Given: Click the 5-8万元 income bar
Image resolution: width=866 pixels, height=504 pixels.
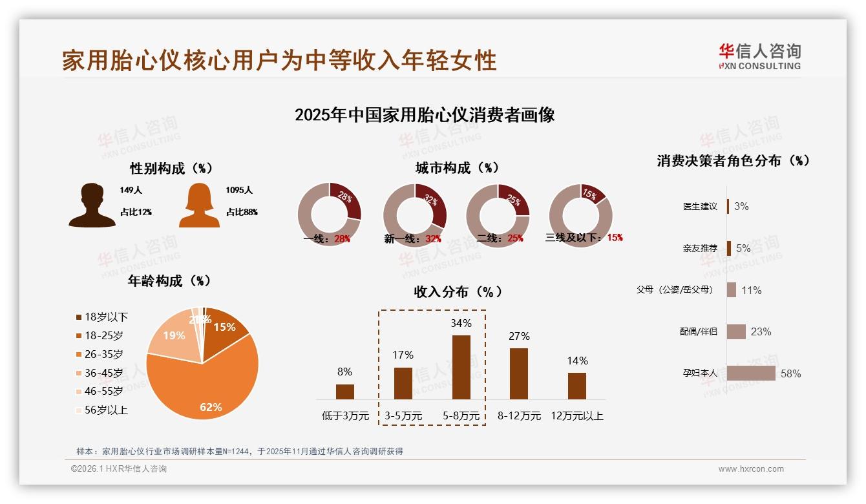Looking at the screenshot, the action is pos(461,367).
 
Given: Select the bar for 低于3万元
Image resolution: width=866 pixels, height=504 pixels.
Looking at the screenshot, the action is pos(345,392).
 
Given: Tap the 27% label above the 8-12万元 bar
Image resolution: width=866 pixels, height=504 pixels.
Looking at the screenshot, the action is pos(519,336).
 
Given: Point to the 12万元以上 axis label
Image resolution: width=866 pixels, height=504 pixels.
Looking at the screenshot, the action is pos(576,416).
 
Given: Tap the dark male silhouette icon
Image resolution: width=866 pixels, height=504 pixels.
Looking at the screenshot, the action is pos(92,205).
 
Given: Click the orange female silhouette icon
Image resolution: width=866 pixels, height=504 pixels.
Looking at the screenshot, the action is pos(199,205).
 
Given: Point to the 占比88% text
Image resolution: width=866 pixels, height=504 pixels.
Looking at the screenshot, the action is pos(242,212).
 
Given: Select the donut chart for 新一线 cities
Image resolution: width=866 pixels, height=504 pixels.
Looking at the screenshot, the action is pos(415,215).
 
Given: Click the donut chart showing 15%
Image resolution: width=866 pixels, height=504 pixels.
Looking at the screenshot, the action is pos(580,215).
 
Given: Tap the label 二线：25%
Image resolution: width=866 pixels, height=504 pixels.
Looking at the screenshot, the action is pos(500,238).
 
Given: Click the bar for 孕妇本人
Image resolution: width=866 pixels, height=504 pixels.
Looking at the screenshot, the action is pos(751,373).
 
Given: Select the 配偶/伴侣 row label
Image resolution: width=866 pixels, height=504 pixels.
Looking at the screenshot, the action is pos(698,331).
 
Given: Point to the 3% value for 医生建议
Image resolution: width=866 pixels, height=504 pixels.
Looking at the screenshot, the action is pos(741,206).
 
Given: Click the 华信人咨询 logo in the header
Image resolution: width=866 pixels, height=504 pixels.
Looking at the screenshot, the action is pos(759,56).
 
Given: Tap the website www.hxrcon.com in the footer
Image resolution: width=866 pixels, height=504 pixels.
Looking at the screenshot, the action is pos(751,469).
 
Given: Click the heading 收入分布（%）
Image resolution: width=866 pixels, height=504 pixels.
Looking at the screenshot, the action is pos(458,291).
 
